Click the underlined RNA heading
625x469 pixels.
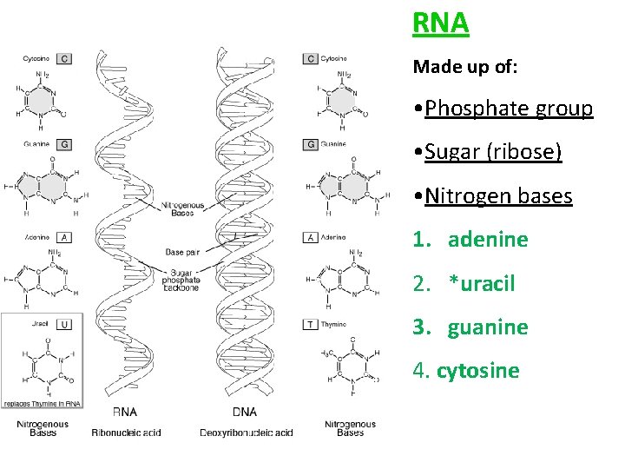point(441,23)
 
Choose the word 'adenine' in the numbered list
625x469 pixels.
point(488,240)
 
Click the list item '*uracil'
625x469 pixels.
point(482,283)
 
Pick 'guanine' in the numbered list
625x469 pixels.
point(488,327)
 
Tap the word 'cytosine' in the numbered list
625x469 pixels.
point(477,371)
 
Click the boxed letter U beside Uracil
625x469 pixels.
point(64,325)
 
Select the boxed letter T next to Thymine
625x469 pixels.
point(310,325)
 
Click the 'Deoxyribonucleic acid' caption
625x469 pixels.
point(246,433)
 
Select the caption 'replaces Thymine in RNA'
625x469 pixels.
point(42,404)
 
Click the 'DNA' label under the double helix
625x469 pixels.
point(246,411)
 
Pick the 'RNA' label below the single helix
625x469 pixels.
point(125,411)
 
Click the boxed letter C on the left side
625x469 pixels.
point(64,59)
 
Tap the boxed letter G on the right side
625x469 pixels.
point(310,144)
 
